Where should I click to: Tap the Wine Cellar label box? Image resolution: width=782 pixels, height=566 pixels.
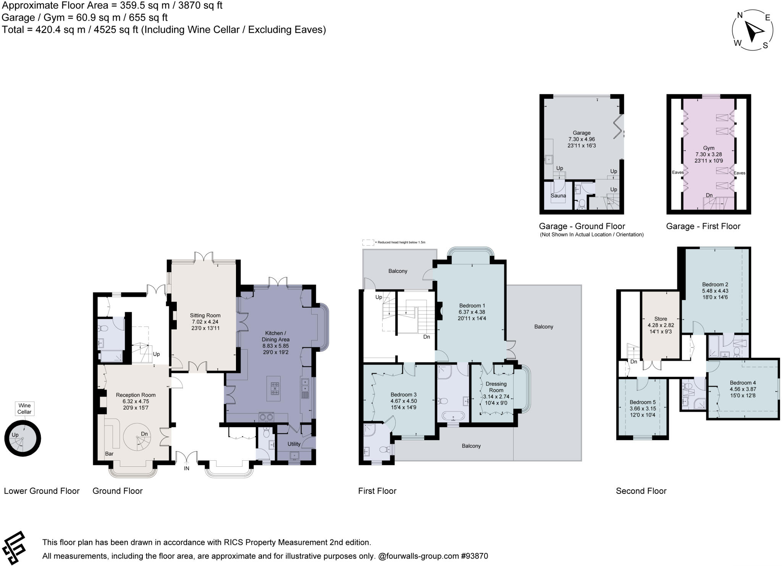tap(24, 408)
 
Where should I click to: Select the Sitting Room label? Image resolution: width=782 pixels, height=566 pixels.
tap(205, 315)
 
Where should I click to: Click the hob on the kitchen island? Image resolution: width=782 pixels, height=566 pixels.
tap(275, 389)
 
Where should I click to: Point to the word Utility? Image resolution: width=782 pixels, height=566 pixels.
tap(294, 444)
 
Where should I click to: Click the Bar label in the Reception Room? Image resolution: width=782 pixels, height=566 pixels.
tap(109, 454)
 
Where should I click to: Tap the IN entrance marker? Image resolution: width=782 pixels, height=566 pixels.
tap(186, 468)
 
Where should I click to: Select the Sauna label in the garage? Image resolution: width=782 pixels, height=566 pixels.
tap(558, 195)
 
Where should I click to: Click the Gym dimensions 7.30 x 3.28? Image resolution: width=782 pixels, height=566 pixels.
tap(709, 154)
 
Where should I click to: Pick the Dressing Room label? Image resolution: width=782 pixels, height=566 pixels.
tap(496, 387)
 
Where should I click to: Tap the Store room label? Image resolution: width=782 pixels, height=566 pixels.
tap(661, 319)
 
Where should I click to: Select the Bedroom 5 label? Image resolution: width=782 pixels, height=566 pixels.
tap(643, 402)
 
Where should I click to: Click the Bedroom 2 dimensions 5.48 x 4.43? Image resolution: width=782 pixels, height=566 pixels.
tap(715, 290)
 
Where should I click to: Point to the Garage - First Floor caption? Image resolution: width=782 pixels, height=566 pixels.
tap(703, 226)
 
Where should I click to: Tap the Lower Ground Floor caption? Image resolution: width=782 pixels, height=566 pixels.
tap(42, 491)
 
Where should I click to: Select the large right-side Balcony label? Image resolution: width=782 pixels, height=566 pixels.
tap(543, 327)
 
